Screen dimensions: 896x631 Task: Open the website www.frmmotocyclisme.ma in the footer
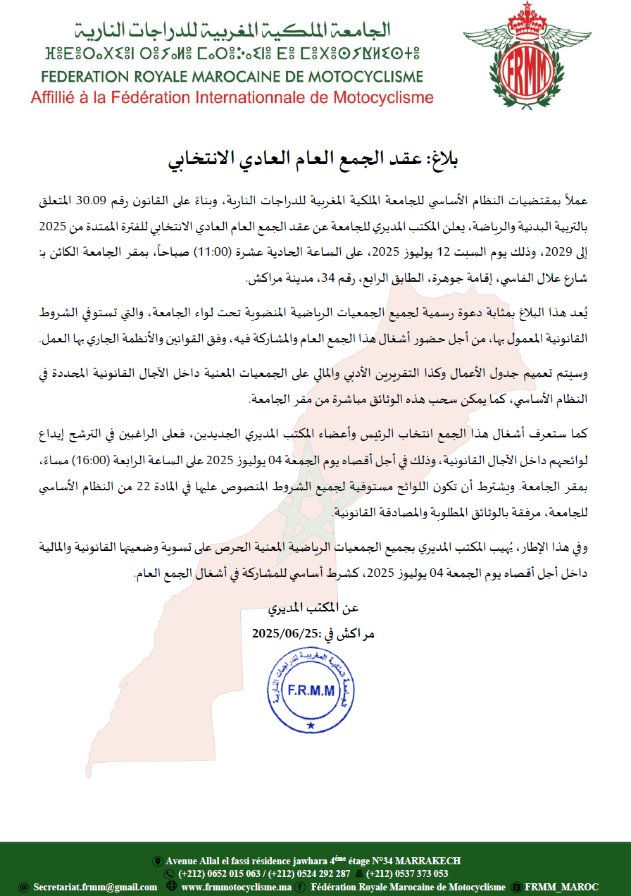point(236,887)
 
